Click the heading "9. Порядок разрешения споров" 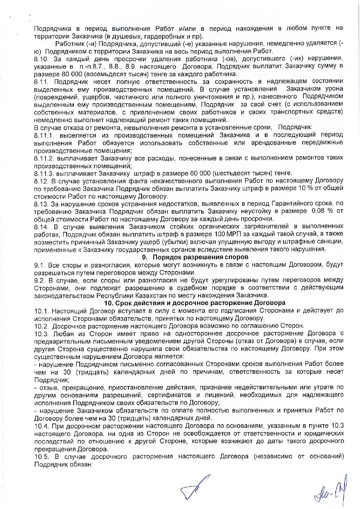(195, 257)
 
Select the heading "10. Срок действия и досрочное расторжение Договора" (195, 303)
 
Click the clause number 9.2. (39, 280)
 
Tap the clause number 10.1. (42, 311)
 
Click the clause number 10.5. (42, 456)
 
